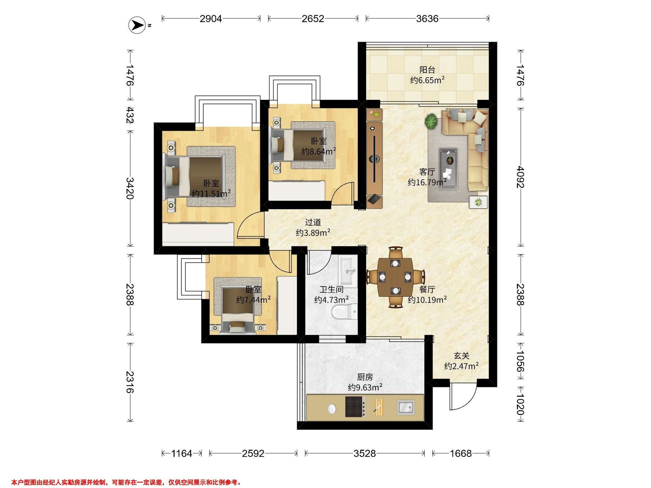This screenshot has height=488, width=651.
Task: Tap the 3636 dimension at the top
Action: pos(427,19)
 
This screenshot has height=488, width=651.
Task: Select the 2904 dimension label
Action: pos(211,19)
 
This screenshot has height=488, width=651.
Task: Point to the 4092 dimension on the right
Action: pos(520,177)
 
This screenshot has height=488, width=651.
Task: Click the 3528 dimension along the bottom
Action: pos(365,454)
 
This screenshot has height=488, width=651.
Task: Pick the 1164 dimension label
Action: pos(181,454)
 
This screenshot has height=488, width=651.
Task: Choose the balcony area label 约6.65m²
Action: pos(427,80)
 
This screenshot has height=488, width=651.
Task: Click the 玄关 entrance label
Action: pos(461,356)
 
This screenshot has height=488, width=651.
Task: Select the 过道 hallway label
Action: pos(313,222)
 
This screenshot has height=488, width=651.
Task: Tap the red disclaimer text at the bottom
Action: pos(126,474)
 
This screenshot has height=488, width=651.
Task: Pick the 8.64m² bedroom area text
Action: pos(319,151)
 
